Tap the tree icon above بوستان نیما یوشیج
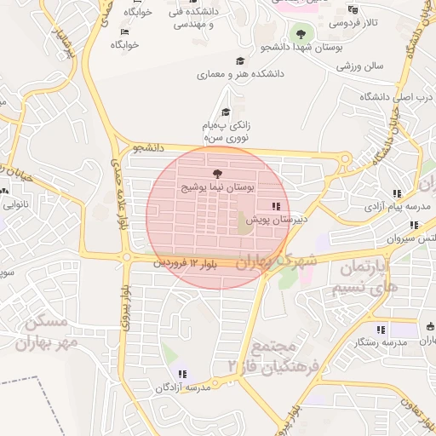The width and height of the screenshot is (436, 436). point(215,173)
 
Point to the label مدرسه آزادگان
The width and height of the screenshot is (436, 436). point(182,387)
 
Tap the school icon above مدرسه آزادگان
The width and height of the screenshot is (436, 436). point(181,374)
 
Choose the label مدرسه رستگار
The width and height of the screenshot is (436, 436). point(380,341)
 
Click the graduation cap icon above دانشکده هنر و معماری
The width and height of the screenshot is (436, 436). point(240,61)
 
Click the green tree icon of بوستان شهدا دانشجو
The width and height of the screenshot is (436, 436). point(299,34)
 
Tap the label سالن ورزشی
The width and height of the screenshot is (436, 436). point(360,65)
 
